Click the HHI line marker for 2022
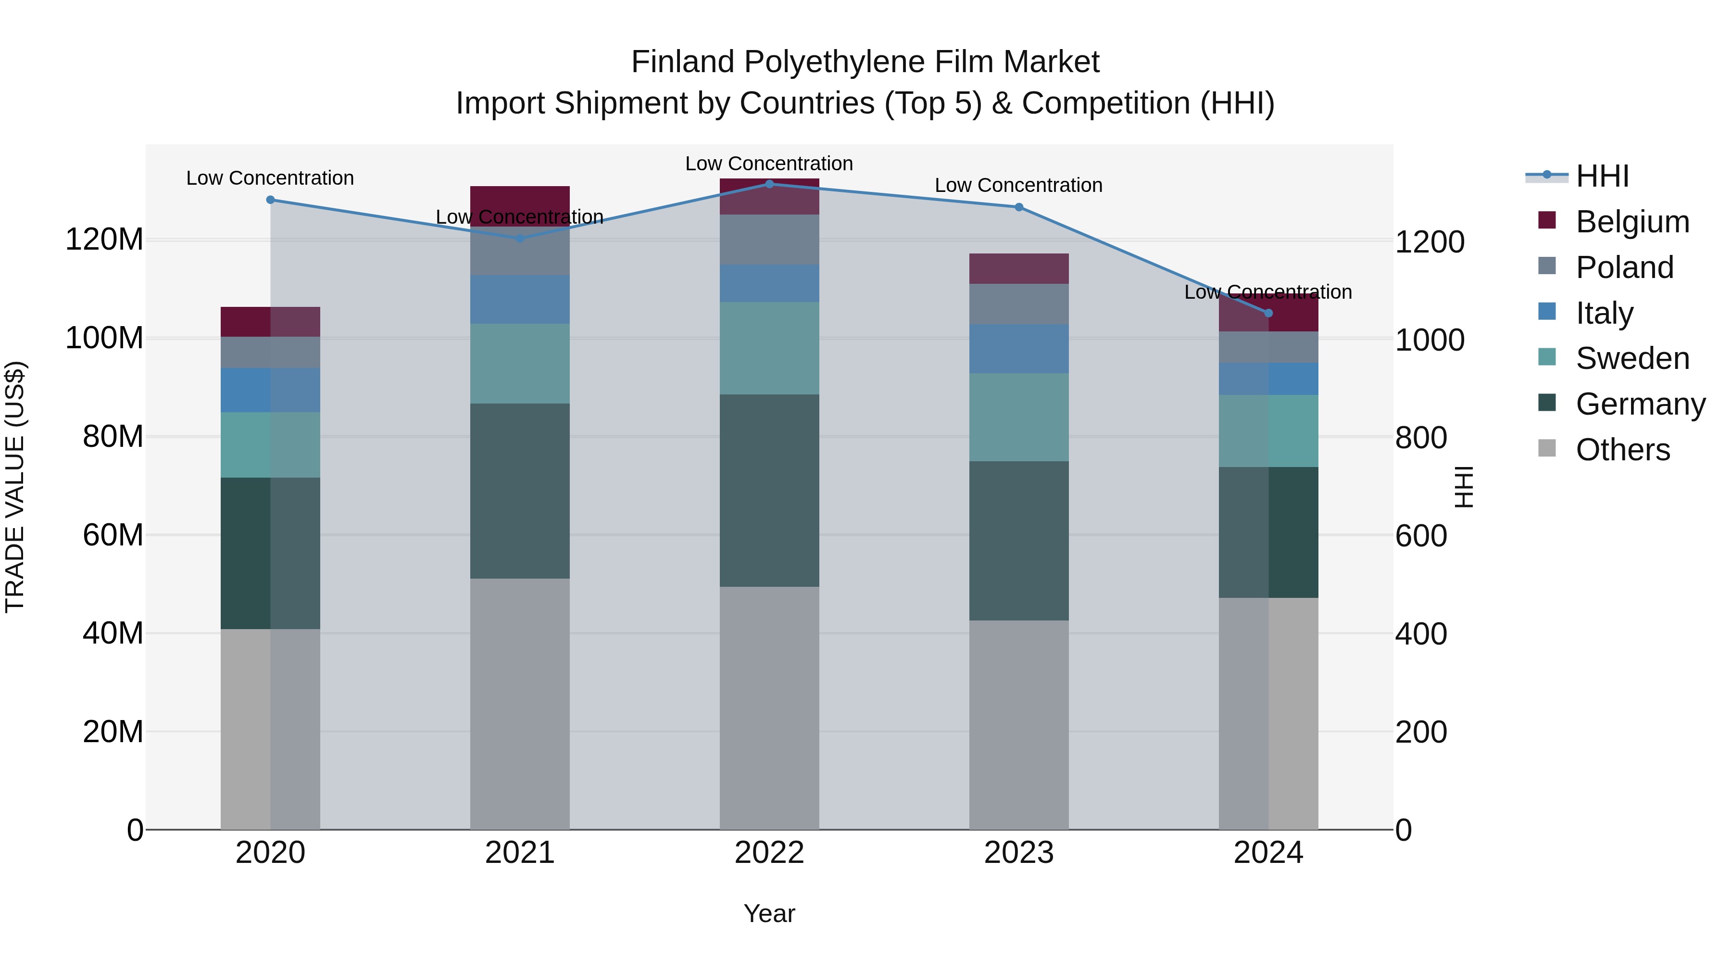tap(769, 184)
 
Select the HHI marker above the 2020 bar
tap(270, 200)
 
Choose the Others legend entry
tap(1622, 450)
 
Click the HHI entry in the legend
tap(1602, 176)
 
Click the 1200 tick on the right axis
tap(1430, 242)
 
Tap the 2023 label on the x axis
tap(1019, 853)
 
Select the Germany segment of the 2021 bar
tap(519, 491)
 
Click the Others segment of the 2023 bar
tap(1019, 725)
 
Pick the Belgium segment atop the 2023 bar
tap(1019, 269)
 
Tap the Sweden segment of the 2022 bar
tap(769, 348)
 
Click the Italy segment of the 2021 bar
tap(519, 300)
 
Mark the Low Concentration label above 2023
tap(1019, 186)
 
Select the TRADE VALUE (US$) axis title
tap(15, 487)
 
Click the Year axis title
tap(769, 913)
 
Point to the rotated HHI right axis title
tap(1464, 487)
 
